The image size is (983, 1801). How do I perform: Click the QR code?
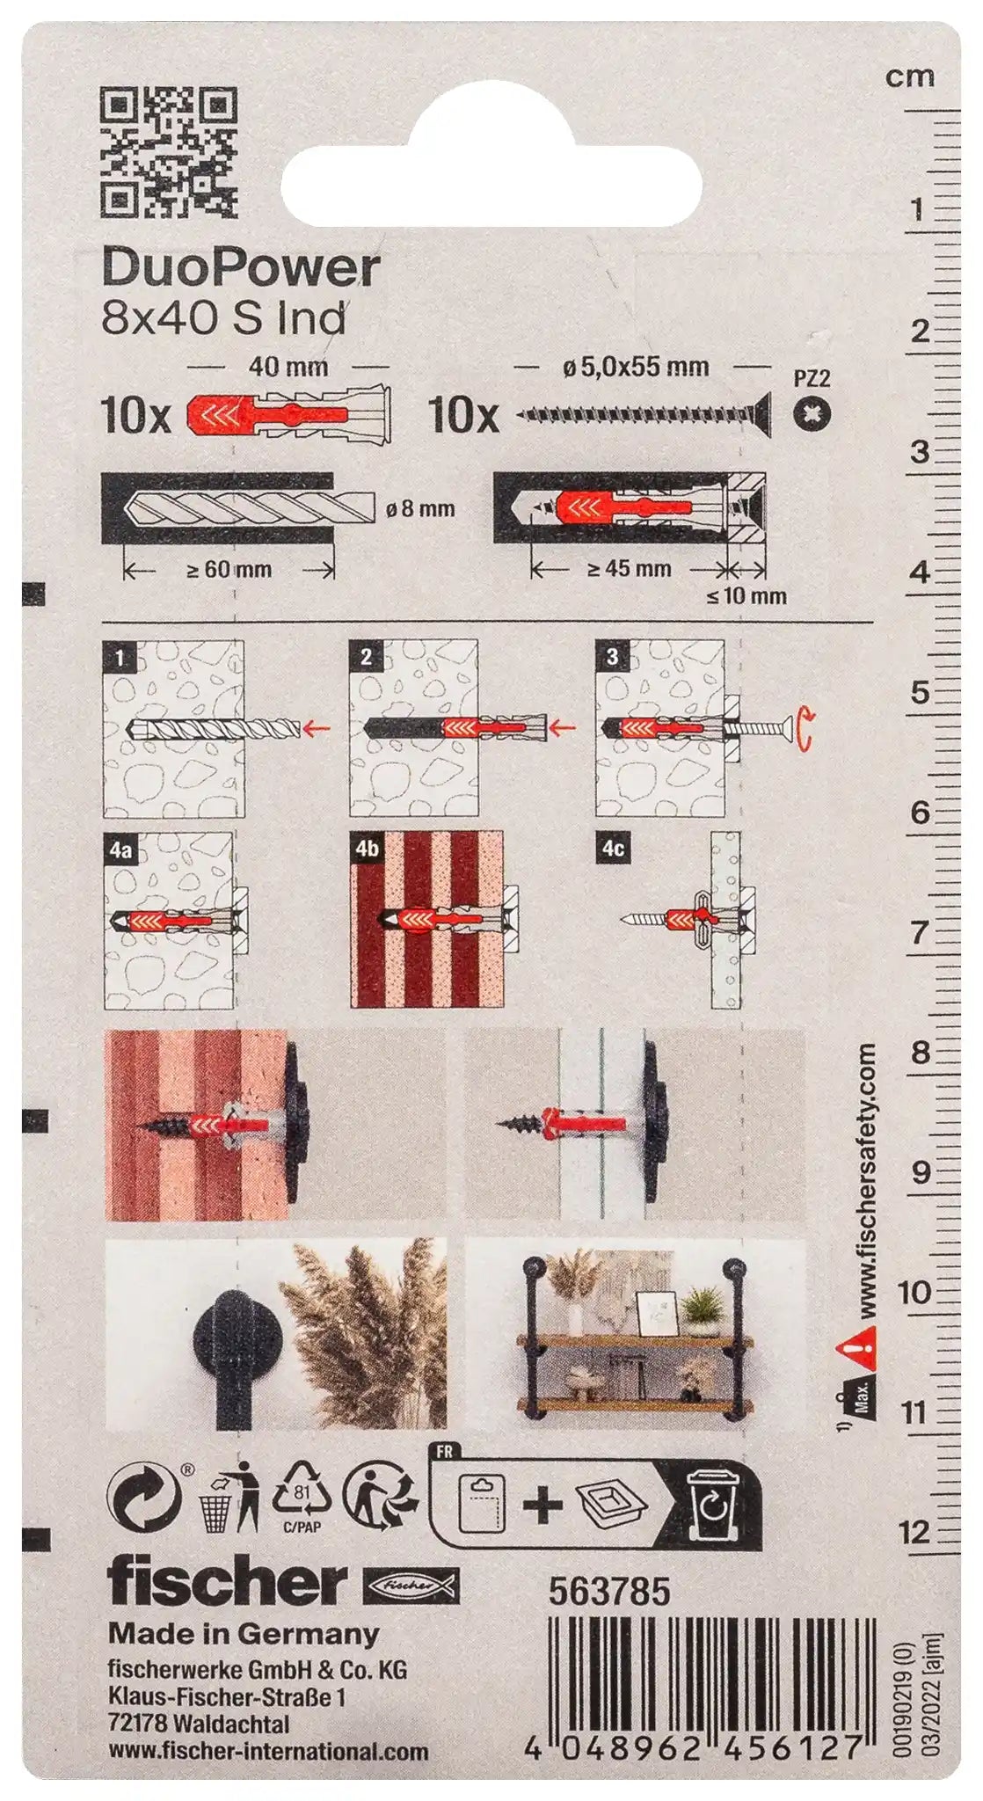click(x=169, y=151)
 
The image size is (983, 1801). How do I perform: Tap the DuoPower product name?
click(x=241, y=268)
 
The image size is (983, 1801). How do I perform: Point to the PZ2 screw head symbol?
click(x=812, y=413)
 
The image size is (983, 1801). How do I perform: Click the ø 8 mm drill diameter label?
click(x=420, y=508)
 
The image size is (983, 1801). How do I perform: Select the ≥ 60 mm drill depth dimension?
click(x=229, y=570)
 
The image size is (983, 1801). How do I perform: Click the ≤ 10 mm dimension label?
click(x=746, y=596)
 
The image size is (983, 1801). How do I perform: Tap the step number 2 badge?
click(x=366, y=656)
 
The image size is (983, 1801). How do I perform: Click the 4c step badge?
click(x=614, y=849)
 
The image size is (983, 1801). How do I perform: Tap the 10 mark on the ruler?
click(x=914, y=1292)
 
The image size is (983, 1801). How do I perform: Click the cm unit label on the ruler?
click(x=909, y=77)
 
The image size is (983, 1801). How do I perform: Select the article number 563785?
click(x=609, y=1592)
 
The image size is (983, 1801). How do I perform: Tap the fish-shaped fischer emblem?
click(x=411, y=1584)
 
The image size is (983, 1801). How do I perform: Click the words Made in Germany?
click(x=244, y=1635)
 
